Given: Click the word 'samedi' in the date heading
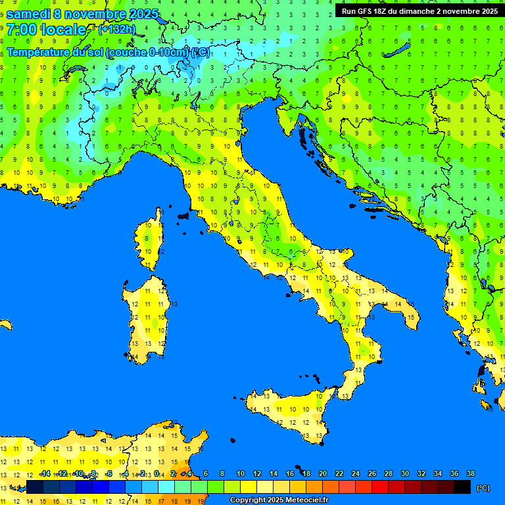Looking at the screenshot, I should tap(28, 14).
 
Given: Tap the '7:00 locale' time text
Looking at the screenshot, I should tap(46, 30).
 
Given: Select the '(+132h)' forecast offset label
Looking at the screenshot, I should tap(116, 29).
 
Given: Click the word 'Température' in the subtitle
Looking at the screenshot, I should tap(39, 52).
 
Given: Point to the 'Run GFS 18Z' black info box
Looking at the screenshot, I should tap(419, 11).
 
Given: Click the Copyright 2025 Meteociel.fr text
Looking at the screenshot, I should tap(279, 500).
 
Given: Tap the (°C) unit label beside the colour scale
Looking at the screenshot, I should tap(483, 488).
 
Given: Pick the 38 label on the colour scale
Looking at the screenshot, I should tap(470, 473).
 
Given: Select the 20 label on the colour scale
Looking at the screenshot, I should tap(322, 473).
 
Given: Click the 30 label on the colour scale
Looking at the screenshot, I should tap(404, 473).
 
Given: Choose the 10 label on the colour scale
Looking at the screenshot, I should tap(240, 473).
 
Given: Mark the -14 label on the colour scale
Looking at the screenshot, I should tap(45, 473).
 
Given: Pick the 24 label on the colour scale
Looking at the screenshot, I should tap(355, 473).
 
